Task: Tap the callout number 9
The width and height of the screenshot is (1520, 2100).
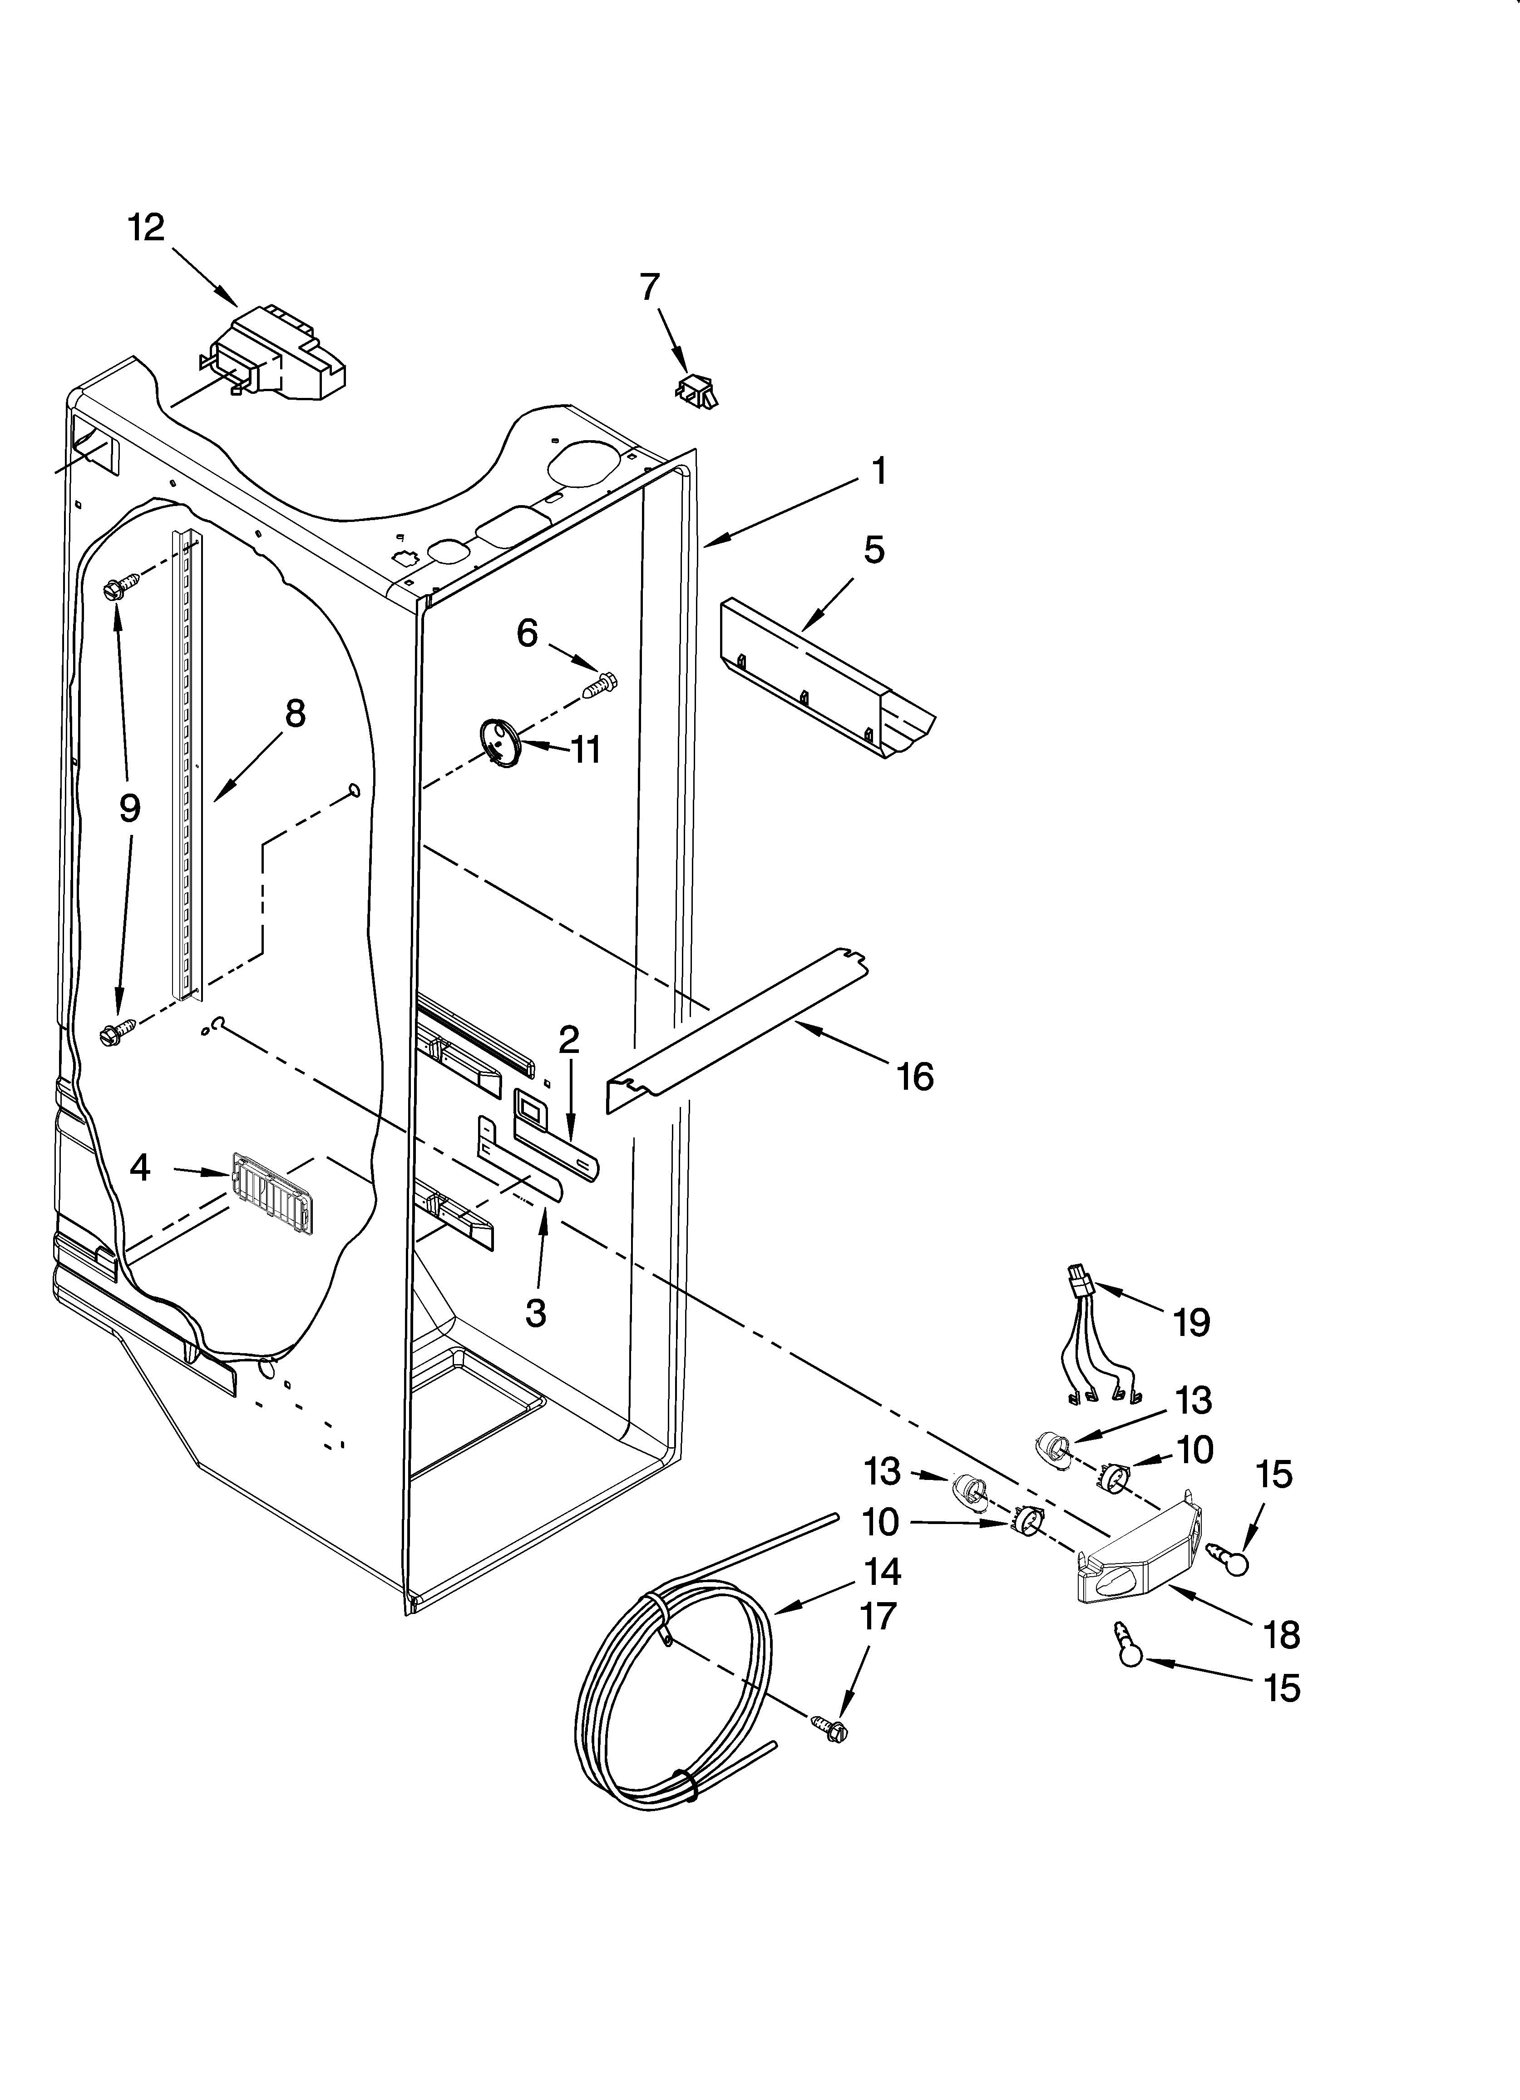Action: pos(129,808)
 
